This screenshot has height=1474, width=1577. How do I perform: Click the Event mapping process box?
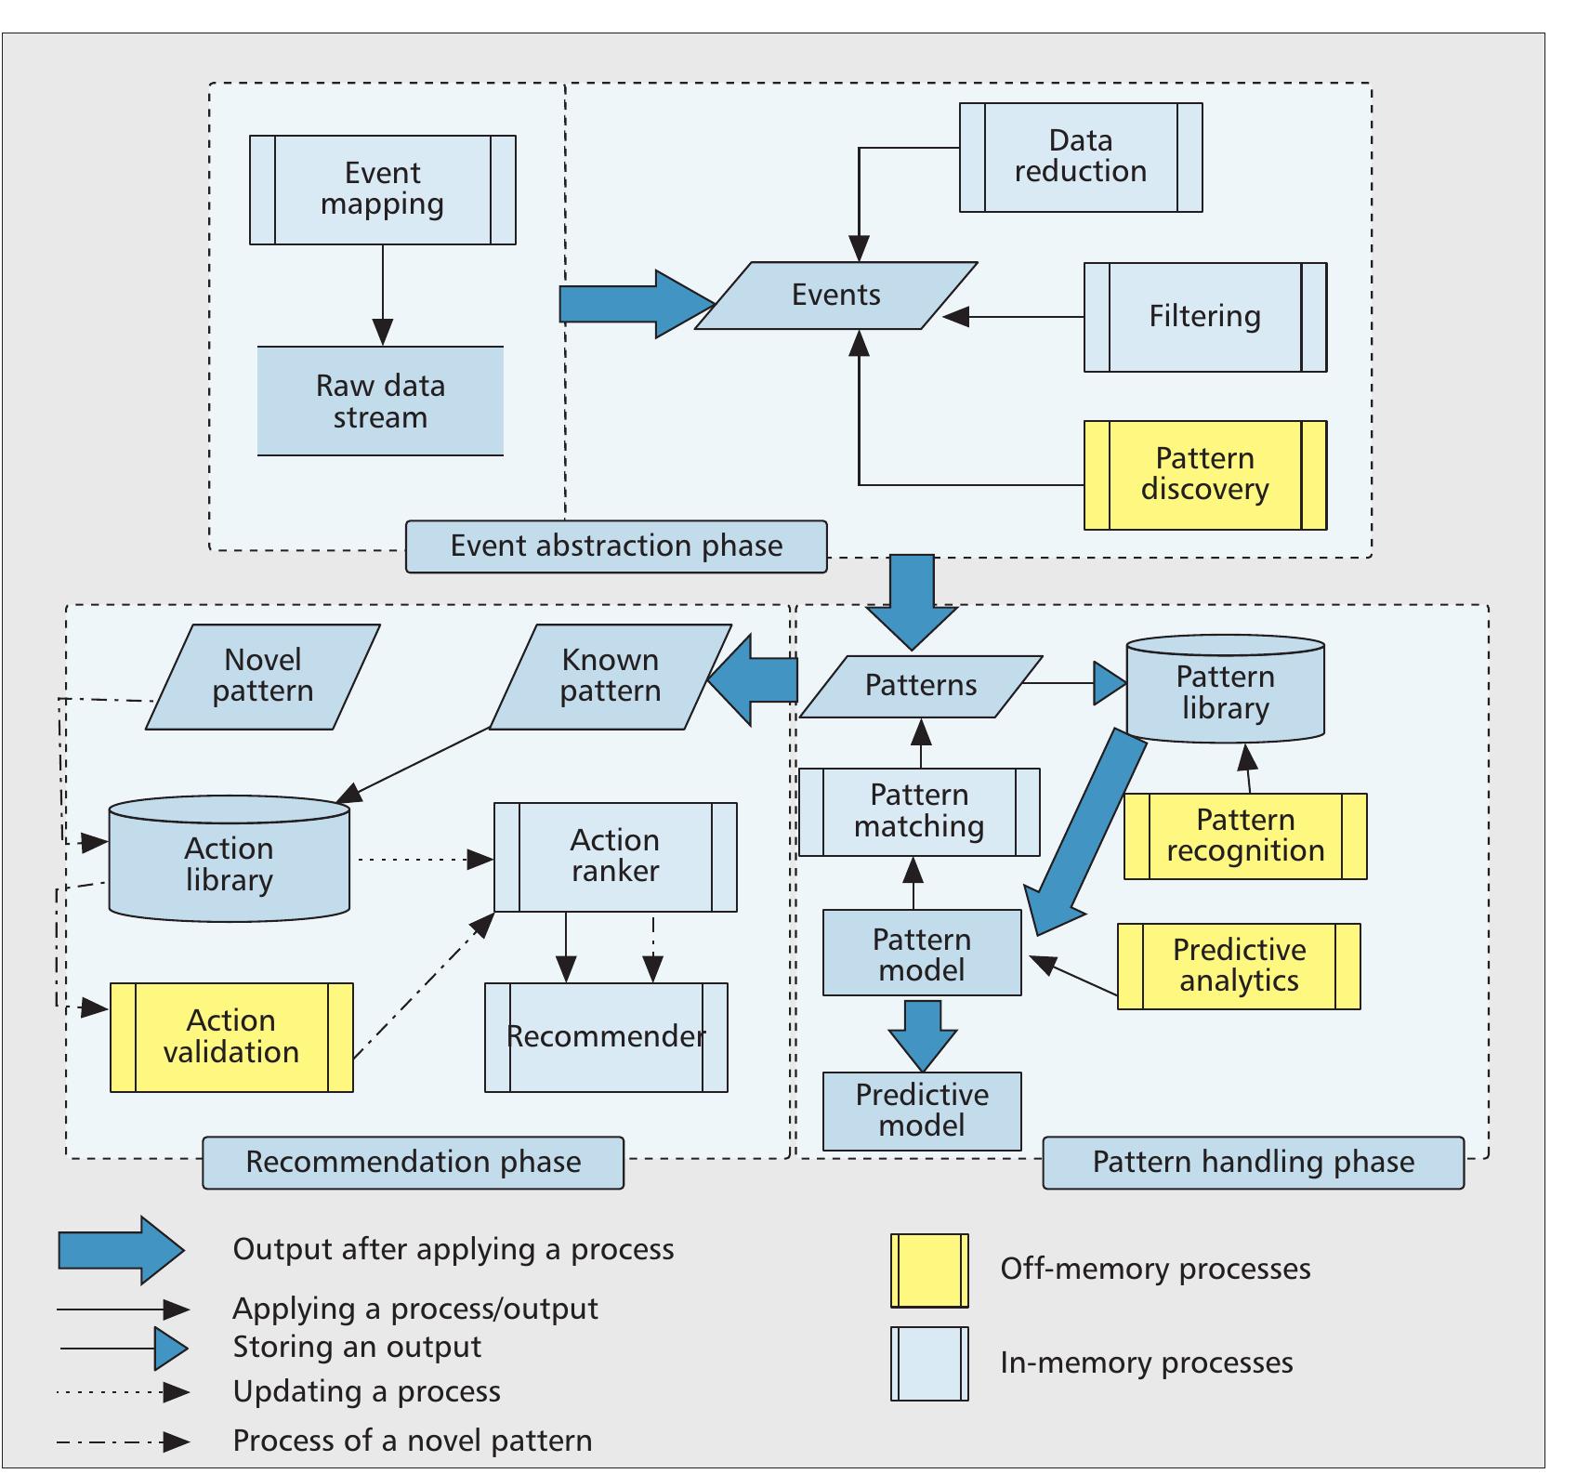(x=382, y=190)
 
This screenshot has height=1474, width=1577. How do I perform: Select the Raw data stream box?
(x=380, y=401)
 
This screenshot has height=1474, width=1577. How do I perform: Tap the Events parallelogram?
(x=835, y=296)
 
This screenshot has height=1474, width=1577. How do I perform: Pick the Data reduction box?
(x=1080, y=157)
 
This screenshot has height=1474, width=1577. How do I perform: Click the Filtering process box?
(x=1204, y=317)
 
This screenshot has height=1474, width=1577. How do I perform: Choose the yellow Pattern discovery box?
(x=1204, y=475)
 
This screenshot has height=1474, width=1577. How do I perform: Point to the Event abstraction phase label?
(x=616, y=546)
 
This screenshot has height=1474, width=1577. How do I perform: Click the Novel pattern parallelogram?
(x=263, y=677)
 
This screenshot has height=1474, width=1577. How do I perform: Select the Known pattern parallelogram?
(x=610, y=677)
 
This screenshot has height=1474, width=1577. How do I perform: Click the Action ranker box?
(x=615, y=857)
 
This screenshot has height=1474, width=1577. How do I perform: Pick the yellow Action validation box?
(x=231, y=1037)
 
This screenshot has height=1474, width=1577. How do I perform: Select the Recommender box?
(x=606, y=1037)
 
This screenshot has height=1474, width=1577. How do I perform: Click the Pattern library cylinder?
(x=1225, y=690)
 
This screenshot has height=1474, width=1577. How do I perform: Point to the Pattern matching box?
(x=919, y=811)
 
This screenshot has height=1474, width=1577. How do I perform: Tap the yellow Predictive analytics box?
(x=1239, y=966)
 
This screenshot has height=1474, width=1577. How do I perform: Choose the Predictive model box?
(x=922, y=1112)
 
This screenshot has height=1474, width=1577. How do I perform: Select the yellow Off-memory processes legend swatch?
(x=929, y=1270)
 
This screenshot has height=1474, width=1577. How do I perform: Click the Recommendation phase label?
(x=413, y=1163)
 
